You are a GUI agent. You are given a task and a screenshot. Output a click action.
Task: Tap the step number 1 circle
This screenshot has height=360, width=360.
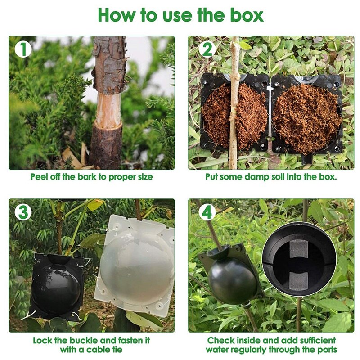point(23,49)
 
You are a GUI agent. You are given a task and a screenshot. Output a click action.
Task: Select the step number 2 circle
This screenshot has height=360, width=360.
point(207,49)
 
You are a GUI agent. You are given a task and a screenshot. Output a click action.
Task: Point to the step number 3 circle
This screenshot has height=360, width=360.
point(23,212)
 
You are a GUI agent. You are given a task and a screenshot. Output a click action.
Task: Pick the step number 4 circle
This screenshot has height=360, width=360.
point(207,212)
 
